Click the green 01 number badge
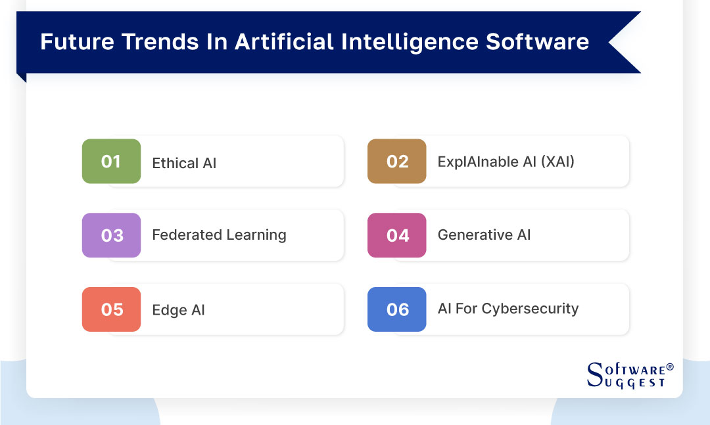(x=111, y=161)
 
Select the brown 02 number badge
(x=396, y=161)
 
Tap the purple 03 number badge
(x=111, y=235)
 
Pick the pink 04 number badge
(x=396, y=235)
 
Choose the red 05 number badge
(x=111, y=309)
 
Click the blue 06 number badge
(x=396, y=309)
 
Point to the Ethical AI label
(x=184, y=163)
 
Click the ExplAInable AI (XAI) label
(x=506, y=162)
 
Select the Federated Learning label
(x=219, y=235)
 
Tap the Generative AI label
(x=484, y=235)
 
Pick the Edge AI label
(x=178, y=310)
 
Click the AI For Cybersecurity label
(x=508, y=309)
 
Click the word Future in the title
(x=78, y=41)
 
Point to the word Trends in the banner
(x=160, y=41)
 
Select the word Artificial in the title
(x=284, y=41)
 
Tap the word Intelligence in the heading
(x=410, y=42)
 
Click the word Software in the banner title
(x=538, y=41)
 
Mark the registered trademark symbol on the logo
(x=670, y=367)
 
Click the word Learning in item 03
(x=256, y=235)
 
